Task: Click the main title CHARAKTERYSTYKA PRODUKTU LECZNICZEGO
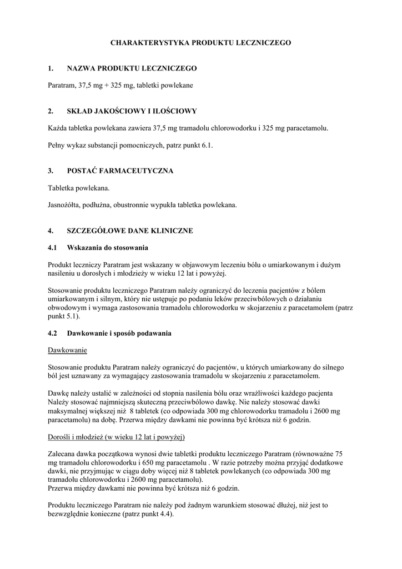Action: pos(200,42)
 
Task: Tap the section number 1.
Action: pos(51,68)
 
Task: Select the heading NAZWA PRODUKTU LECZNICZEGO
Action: pos(132,68)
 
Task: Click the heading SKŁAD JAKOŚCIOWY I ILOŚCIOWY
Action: pos(132,111)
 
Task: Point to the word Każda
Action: pos(58,128)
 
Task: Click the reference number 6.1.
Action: pos(206,145)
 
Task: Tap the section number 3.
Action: pos(51,171)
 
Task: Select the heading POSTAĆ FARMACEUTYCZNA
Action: pos(120,171)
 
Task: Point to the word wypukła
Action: pos(162,205)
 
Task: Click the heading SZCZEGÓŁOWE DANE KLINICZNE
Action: pos(130,231)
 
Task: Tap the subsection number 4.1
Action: pos(53,247)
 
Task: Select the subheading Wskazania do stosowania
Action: pos(107,247)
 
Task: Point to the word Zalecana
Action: pos(63,453)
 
